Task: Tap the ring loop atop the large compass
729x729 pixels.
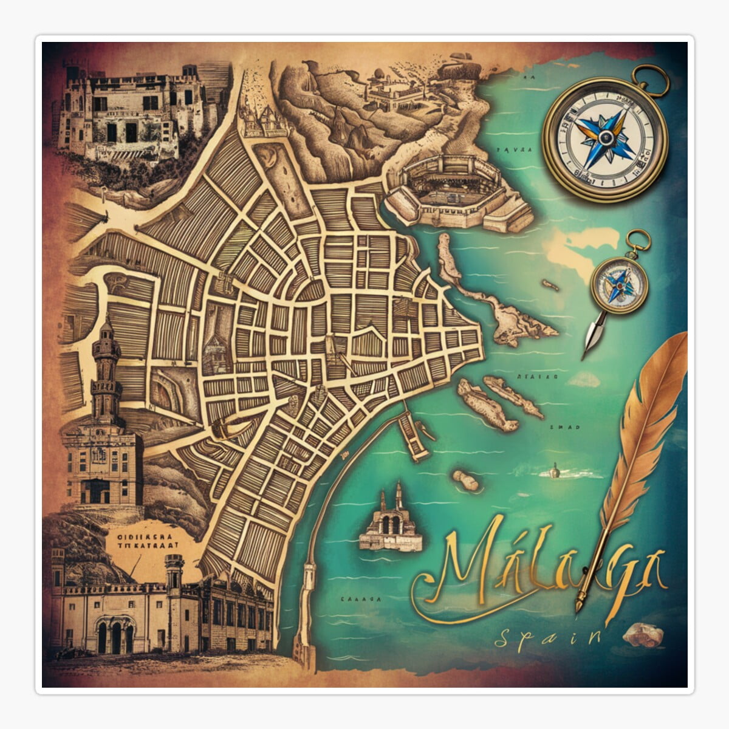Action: click(649, 76)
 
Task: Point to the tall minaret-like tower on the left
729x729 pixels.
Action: click(106, 371)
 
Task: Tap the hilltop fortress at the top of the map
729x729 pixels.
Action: click(395, 91)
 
